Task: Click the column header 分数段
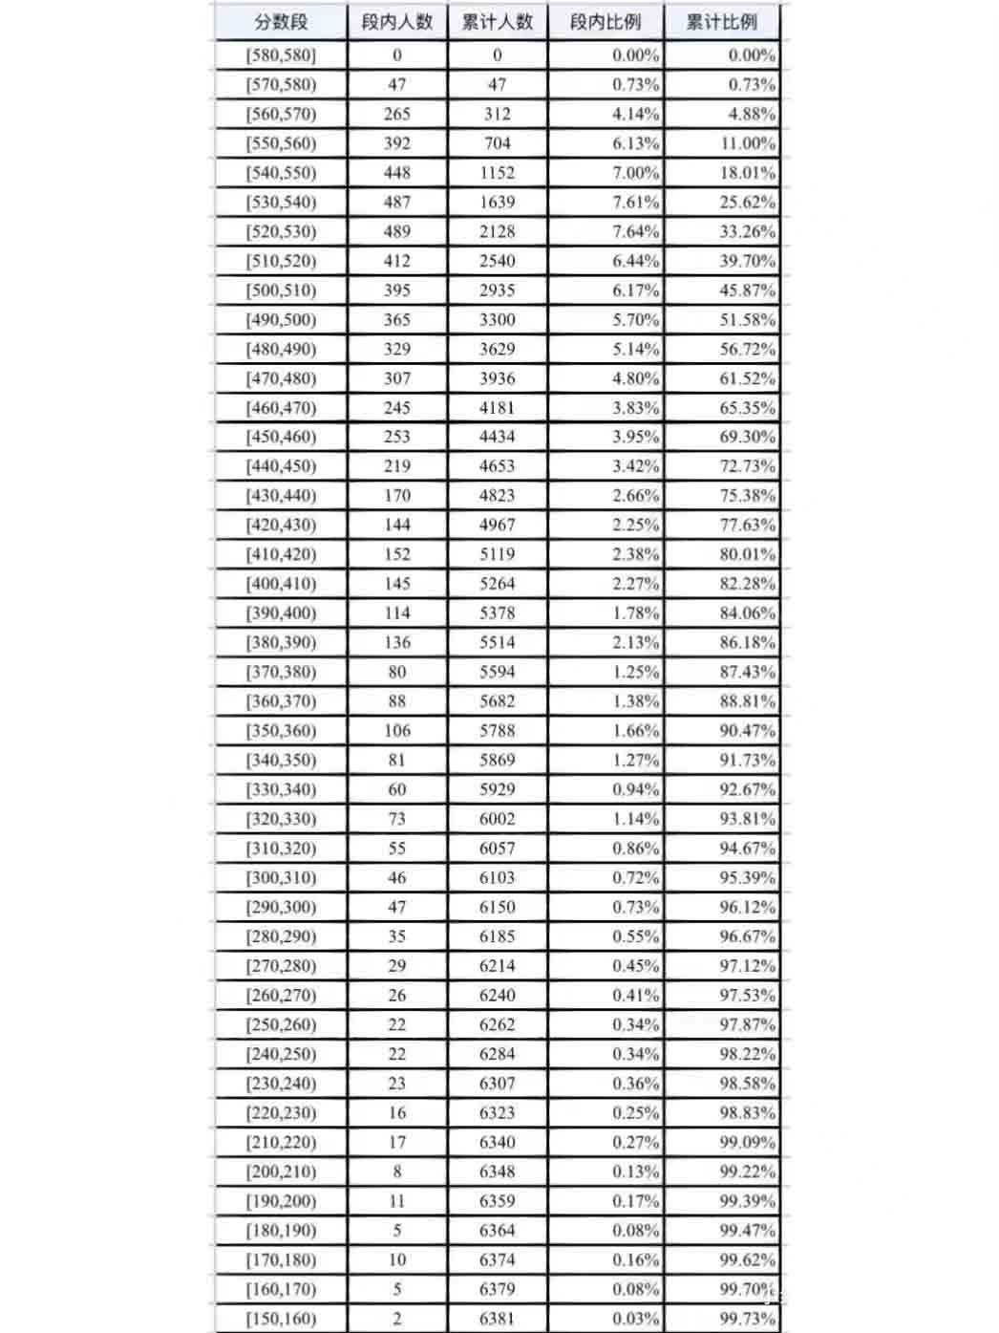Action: pyautogui.click(x=281, y=22)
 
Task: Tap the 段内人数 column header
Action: pyautogui.click(x=397, y=22)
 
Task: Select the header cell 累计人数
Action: pyautogui.click(x=498, y=22)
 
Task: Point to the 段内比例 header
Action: pyautogui.click(x=606, y=22)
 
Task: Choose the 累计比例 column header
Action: pyautogui.click(x=722, y=22)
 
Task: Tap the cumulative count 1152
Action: pyautogui.click(x=498, y=173)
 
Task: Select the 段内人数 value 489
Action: pyautogui.click(x=397, y=231)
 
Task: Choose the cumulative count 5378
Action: pyautogui.click(x=498, y=613)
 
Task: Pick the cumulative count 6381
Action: pyautogui.click(x=498, y=1318)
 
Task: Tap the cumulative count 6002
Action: pyautogui.click(x=498, y=819)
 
